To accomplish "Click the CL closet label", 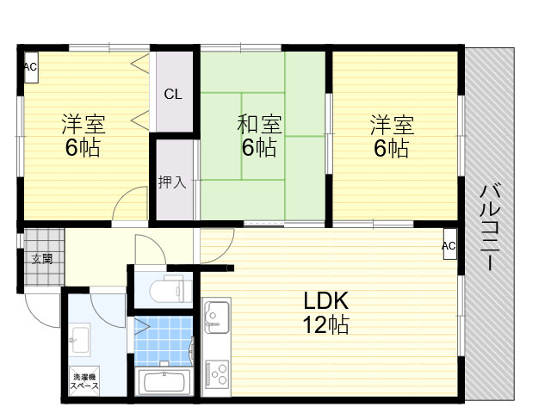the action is [x=173, y=94].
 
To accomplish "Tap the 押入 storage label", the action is [x=172, y=182].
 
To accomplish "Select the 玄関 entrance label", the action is [x=42, y=259].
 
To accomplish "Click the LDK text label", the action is [x=325, y=300].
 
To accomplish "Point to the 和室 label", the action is [x=259, y=124].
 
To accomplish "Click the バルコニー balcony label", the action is [x=490, y=226].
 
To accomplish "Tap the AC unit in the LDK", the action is [x=449, y=244].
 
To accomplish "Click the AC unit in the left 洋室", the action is [x=31, y=67].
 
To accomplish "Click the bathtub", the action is [x=164, y=382].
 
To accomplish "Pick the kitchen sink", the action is [x=217, y=317].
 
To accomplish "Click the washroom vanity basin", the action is [x=80, y=339].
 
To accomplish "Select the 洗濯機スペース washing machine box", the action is [x=84, y=381].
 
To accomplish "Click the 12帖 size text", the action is [x=325, y=324].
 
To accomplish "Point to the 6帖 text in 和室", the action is [x=259, y=147].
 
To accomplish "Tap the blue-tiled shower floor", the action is [x=164, y=342].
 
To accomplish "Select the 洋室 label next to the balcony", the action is [x=392, y=125].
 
